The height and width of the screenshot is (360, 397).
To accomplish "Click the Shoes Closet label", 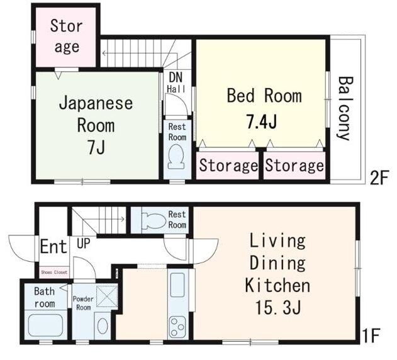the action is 54,273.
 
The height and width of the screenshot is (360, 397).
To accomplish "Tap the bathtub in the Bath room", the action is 45,326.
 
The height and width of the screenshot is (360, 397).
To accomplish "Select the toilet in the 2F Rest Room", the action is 176,157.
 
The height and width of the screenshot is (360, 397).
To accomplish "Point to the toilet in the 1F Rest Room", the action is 154,221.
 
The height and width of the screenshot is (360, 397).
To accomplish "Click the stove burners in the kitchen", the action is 177,327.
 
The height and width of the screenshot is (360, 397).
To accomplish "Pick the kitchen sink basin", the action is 177,284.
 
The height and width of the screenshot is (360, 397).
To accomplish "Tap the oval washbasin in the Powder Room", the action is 103,326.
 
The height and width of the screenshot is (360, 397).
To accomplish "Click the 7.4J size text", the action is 262,121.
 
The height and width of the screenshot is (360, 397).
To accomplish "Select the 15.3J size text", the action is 277,307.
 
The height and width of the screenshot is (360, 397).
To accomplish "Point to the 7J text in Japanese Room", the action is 96,147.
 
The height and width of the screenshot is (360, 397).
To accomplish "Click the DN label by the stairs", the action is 176,77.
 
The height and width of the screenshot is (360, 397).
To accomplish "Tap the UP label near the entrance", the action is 84,243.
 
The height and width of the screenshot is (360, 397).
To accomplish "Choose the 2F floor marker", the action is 379,178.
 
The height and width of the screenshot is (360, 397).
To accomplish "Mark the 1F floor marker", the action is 371,335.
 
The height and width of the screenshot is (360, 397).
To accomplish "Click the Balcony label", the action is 345,108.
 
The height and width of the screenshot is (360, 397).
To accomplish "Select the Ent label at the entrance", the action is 53,246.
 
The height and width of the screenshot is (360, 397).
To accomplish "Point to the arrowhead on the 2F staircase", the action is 104,53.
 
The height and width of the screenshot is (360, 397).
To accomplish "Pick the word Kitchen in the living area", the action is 277,285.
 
